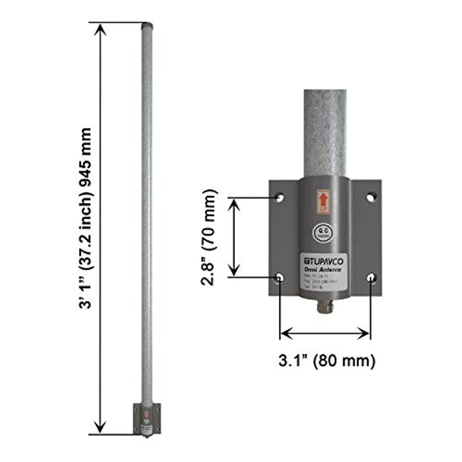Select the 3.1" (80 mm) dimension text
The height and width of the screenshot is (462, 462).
coord(327,360)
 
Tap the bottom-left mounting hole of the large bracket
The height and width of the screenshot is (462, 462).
coord(280,278)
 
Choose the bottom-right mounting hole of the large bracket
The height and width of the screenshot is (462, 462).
coord(371,278)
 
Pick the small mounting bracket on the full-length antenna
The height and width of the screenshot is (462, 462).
coord(147,419)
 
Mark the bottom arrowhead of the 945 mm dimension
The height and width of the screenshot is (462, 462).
coord(100,429)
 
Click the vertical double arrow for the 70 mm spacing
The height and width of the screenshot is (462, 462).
coord(234,237)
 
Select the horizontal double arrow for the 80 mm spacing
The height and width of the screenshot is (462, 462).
coord(325,333)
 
